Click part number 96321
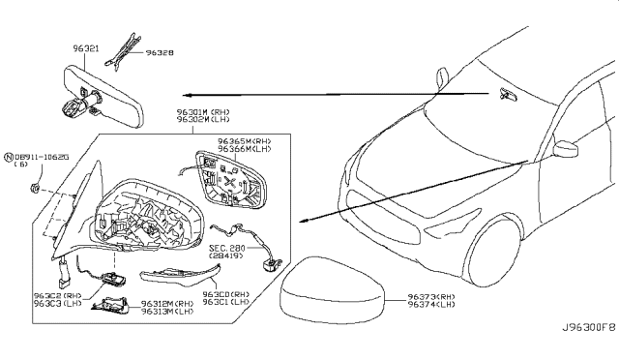[x=87, y=45]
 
